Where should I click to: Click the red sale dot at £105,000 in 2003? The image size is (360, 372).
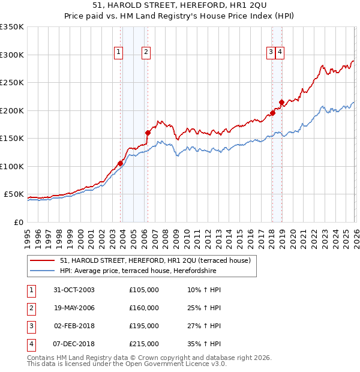tap(121, 163)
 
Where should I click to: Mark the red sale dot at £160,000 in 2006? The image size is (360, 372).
tap(148, 133)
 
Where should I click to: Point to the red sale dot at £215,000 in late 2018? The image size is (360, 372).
tap(281, 102)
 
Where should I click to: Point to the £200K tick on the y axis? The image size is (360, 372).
tap(12, 110)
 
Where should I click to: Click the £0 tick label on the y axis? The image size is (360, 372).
tap(18, 222)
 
